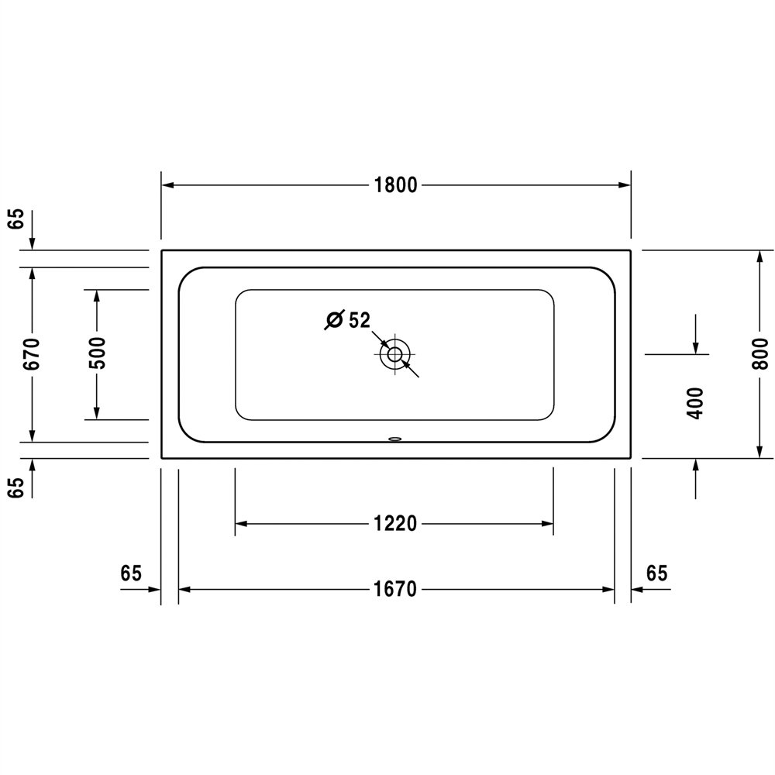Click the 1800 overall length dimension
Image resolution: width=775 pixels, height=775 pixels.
click(395, 185)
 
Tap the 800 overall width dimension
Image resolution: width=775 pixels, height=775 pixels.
click(761, 354)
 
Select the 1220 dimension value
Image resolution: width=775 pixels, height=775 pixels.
click(395, 523)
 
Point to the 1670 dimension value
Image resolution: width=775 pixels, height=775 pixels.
click(395, 589)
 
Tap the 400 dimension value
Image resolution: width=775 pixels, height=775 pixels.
click(695, 403)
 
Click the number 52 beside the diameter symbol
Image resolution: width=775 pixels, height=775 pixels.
click(360, 320)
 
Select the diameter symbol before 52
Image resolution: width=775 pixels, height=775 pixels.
click(334, 320)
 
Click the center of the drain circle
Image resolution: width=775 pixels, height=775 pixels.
click(395, 354)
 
